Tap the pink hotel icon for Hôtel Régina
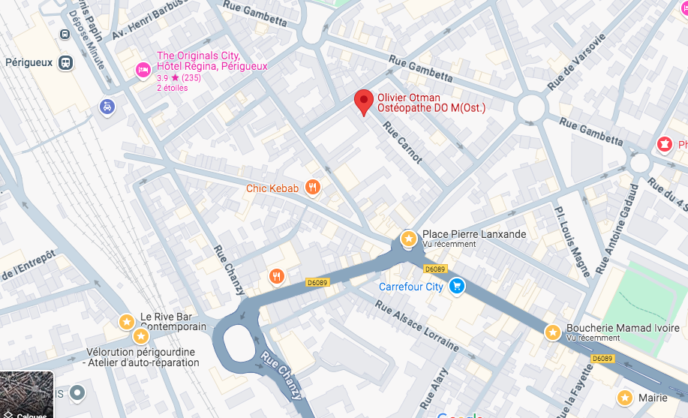coord(142,70)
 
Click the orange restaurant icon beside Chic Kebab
coord(313,188)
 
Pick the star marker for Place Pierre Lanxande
coord(408,239)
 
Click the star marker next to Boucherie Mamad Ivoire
coord(553,332)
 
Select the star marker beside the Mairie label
coord(624,397)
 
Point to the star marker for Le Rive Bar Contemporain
coord(126,322)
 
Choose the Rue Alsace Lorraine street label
coord(417,326)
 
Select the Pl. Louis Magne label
coord(572,241)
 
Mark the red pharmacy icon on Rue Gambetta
coord(664,143)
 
